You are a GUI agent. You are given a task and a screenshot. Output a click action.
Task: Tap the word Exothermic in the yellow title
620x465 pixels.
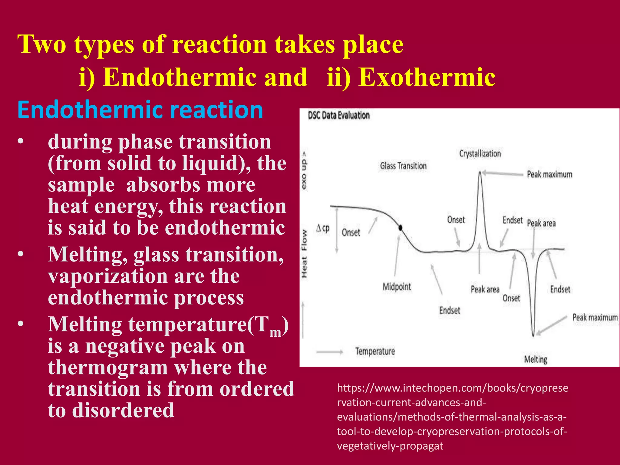tap(427, 77)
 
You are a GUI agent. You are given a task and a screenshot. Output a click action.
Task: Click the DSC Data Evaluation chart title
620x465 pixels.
tap(339, 115)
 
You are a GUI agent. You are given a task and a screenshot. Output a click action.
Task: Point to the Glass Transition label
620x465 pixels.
tap(403, 166)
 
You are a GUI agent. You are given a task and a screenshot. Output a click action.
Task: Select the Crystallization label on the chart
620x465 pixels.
tap(480, 153)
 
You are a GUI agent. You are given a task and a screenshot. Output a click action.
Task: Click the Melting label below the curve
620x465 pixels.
tap(536, 359)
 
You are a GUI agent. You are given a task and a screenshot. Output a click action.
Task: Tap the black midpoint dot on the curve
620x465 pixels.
tap(401, 228)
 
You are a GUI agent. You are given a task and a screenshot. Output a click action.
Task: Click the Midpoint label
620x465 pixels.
tap(397, 287)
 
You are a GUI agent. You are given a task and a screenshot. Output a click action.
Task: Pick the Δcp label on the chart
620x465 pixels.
tap(323, 228)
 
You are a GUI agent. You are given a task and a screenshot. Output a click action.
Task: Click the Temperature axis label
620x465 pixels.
tap(375, 351)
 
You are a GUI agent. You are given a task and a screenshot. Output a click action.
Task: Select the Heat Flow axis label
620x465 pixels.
tap(304, 254)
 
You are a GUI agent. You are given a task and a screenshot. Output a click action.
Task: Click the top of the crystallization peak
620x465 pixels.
tap(480, 173)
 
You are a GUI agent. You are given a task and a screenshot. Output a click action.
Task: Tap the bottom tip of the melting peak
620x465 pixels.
tap(533, 335)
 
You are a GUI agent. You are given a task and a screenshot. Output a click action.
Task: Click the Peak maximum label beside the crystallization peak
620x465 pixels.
tap(549, 174)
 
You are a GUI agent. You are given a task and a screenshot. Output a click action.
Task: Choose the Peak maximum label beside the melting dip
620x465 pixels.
tap(595, 318)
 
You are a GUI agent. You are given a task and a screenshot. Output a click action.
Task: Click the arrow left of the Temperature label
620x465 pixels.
tap(329, 352)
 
